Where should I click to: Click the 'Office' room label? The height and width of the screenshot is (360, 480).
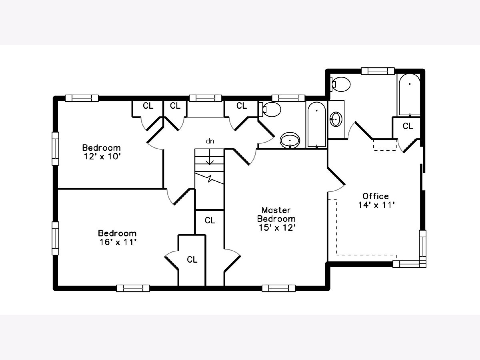[x=376, y=196]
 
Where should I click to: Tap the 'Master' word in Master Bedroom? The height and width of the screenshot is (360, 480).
[x=276, y=210]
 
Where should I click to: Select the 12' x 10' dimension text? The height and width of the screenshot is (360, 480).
[x=102, y=156]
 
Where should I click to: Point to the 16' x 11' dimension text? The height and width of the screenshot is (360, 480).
[x=118, y=242]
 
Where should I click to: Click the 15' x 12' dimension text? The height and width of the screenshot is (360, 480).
[x=277, y=228]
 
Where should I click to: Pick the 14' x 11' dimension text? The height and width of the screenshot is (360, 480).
[x=376, y=205]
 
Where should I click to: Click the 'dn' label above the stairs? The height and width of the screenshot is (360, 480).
[x=210, y=141]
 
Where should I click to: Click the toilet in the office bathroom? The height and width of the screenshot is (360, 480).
[x=340, y=84]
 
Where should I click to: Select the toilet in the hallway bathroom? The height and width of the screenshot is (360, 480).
[x=270, y=109]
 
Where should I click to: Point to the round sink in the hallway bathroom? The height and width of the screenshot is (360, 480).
[x=290, y=140]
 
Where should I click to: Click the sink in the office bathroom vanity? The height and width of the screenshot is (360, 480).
[x=336, y=119]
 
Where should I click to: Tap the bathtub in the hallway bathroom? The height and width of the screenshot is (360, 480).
[x=317, y=124]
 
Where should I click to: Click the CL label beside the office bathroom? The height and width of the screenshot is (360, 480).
[x=408, y=126]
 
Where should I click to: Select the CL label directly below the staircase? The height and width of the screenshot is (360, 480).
[x=210, y=220]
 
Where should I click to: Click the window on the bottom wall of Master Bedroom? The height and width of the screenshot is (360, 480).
[x=278, y=288]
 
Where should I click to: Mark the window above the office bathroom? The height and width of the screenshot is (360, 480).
[x=378, y=71]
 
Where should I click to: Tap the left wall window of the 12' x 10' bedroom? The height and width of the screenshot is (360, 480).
[x=55, y=149]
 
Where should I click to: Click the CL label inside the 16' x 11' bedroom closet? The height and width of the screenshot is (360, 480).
[x=192, y=260]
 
